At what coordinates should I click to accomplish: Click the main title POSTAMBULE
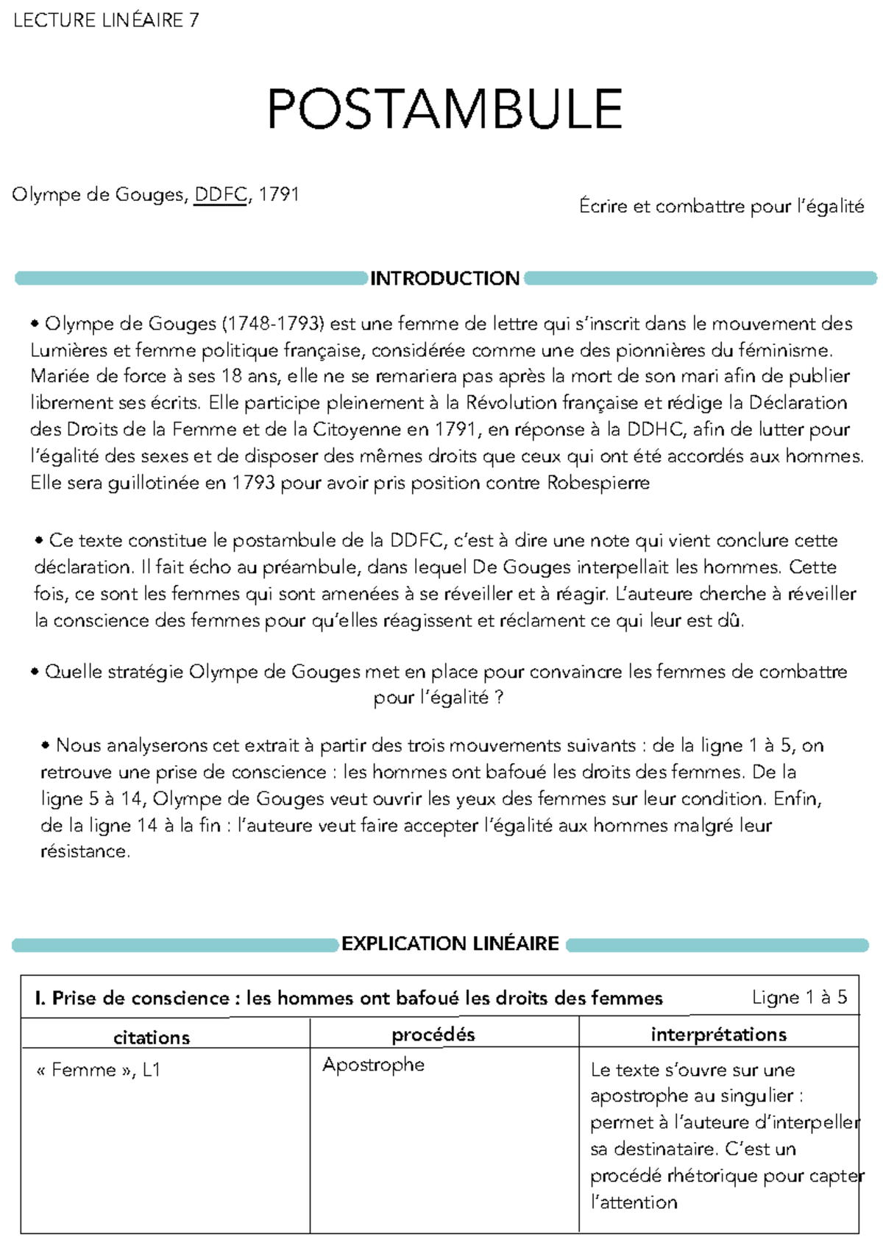(x=444, y=110)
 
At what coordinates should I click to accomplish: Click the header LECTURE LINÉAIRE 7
(x=105, y=20)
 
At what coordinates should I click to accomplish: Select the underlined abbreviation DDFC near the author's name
(x=220, y=195)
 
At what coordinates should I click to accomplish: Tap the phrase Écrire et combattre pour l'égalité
(x=721, y=207)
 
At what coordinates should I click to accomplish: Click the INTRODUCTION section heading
(x=444, y=278)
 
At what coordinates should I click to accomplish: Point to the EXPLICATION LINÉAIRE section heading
(x=450, y=944)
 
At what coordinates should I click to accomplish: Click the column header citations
(x=152, y=1038)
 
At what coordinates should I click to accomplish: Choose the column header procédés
(x=433, y=1035)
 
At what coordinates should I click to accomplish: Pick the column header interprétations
(x=718, y=1035)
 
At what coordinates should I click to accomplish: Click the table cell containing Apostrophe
(x=373, y=1065)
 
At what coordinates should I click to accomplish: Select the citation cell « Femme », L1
(x=98, y=1070)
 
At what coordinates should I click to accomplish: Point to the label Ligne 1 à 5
(x=799, y=998)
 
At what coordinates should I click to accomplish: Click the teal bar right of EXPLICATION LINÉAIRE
(x=717, y=945)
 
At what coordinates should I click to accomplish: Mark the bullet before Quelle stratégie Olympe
(x=35, y=673)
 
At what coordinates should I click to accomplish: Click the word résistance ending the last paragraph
(x=85, y=852)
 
